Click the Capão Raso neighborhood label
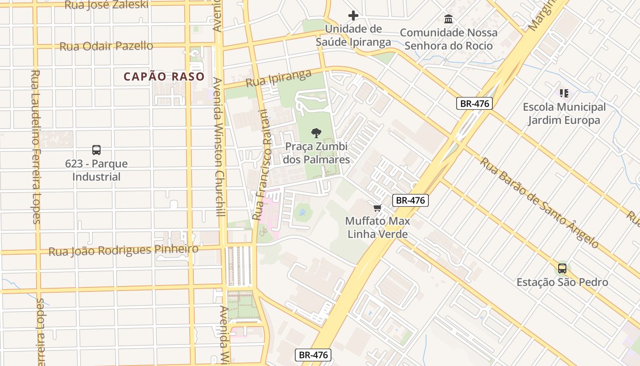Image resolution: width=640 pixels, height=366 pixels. pyautogui.click(x=164, y=76)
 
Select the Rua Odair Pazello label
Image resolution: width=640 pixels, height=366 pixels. pyautogui.click(x=106, y=46)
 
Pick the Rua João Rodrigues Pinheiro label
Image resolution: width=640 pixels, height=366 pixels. pyautogui.click(x=123, y=250)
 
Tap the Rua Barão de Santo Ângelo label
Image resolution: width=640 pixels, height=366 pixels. pyautogui.click(x=539, y=203)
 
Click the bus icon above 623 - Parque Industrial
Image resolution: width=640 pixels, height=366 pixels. pyautogui.click(x=96, y=150)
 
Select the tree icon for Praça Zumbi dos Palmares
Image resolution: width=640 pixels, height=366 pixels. pyautogui.click(x=315, y=133)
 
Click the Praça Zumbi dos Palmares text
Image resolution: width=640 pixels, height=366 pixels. pyautogui.click(x=316, y=153)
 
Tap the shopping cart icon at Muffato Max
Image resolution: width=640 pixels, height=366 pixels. pyautogui.click(x=377, y=208)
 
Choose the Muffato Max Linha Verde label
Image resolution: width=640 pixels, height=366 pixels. pyautogui.click(x=378, y=227)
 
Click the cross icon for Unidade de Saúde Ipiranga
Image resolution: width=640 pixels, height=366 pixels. pyautogui.click(x=353, y=16)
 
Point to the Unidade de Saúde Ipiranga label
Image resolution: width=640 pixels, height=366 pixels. pyautogui.click(x=353, y=36)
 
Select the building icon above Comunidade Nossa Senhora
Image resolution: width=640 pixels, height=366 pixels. pyautogui.click(x=448, y=19)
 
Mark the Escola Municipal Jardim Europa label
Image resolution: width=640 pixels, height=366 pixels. pyautogui.click(x=564, y=113)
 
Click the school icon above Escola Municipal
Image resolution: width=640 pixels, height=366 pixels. pyautogui.click(x=564, y=93)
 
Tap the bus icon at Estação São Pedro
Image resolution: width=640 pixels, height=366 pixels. pyautogui.click(x=562, y=269)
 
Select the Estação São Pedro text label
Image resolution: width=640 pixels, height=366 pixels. pyautogui.click(x=562, y=282)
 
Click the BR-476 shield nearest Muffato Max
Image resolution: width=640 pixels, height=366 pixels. pyautogui.click(x=410, y=200)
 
